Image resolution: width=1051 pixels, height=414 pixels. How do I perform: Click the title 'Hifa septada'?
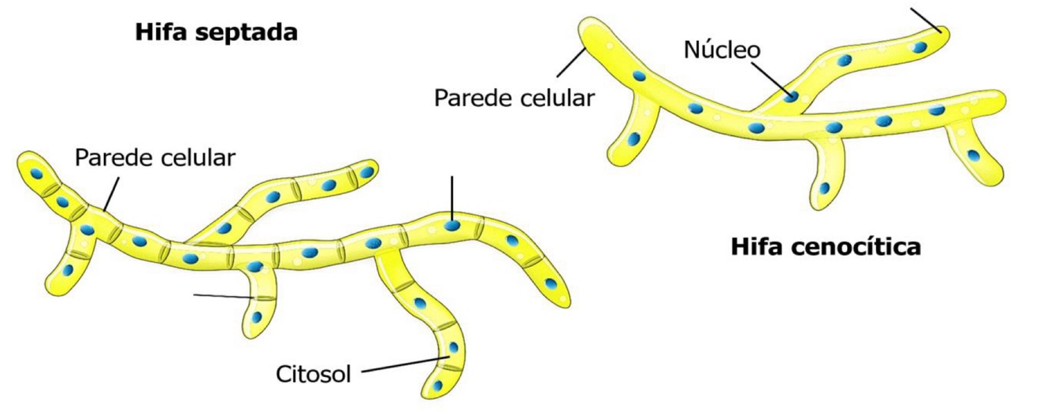216,33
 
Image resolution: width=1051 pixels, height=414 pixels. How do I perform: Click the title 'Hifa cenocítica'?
826,247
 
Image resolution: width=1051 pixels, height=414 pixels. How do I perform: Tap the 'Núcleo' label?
722,50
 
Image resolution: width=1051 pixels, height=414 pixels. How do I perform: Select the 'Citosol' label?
313,372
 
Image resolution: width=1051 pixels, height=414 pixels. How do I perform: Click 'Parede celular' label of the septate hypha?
155,157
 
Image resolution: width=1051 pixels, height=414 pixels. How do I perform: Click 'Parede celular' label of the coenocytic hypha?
514,98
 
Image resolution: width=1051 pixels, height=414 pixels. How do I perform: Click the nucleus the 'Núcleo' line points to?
791,97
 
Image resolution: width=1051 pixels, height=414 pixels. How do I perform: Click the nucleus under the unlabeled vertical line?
452,226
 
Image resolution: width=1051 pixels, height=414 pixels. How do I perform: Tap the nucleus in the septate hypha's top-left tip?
36,172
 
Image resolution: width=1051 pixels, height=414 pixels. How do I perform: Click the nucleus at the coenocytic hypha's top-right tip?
919,47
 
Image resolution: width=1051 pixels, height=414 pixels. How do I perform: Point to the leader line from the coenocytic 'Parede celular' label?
564,70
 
